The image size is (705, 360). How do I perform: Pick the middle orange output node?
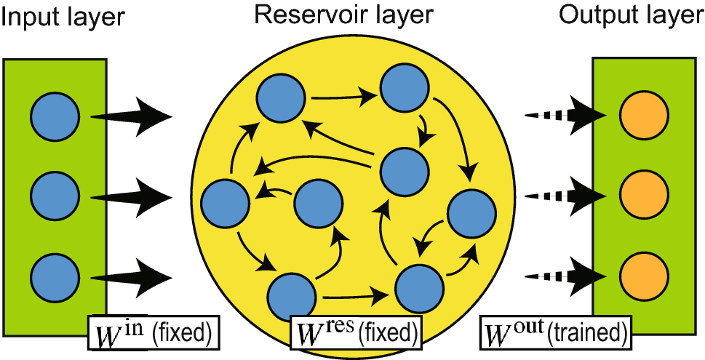pyautogui.click(x=644, y=194)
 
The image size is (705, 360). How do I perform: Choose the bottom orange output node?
pyautogui.click(x=644, y=275)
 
